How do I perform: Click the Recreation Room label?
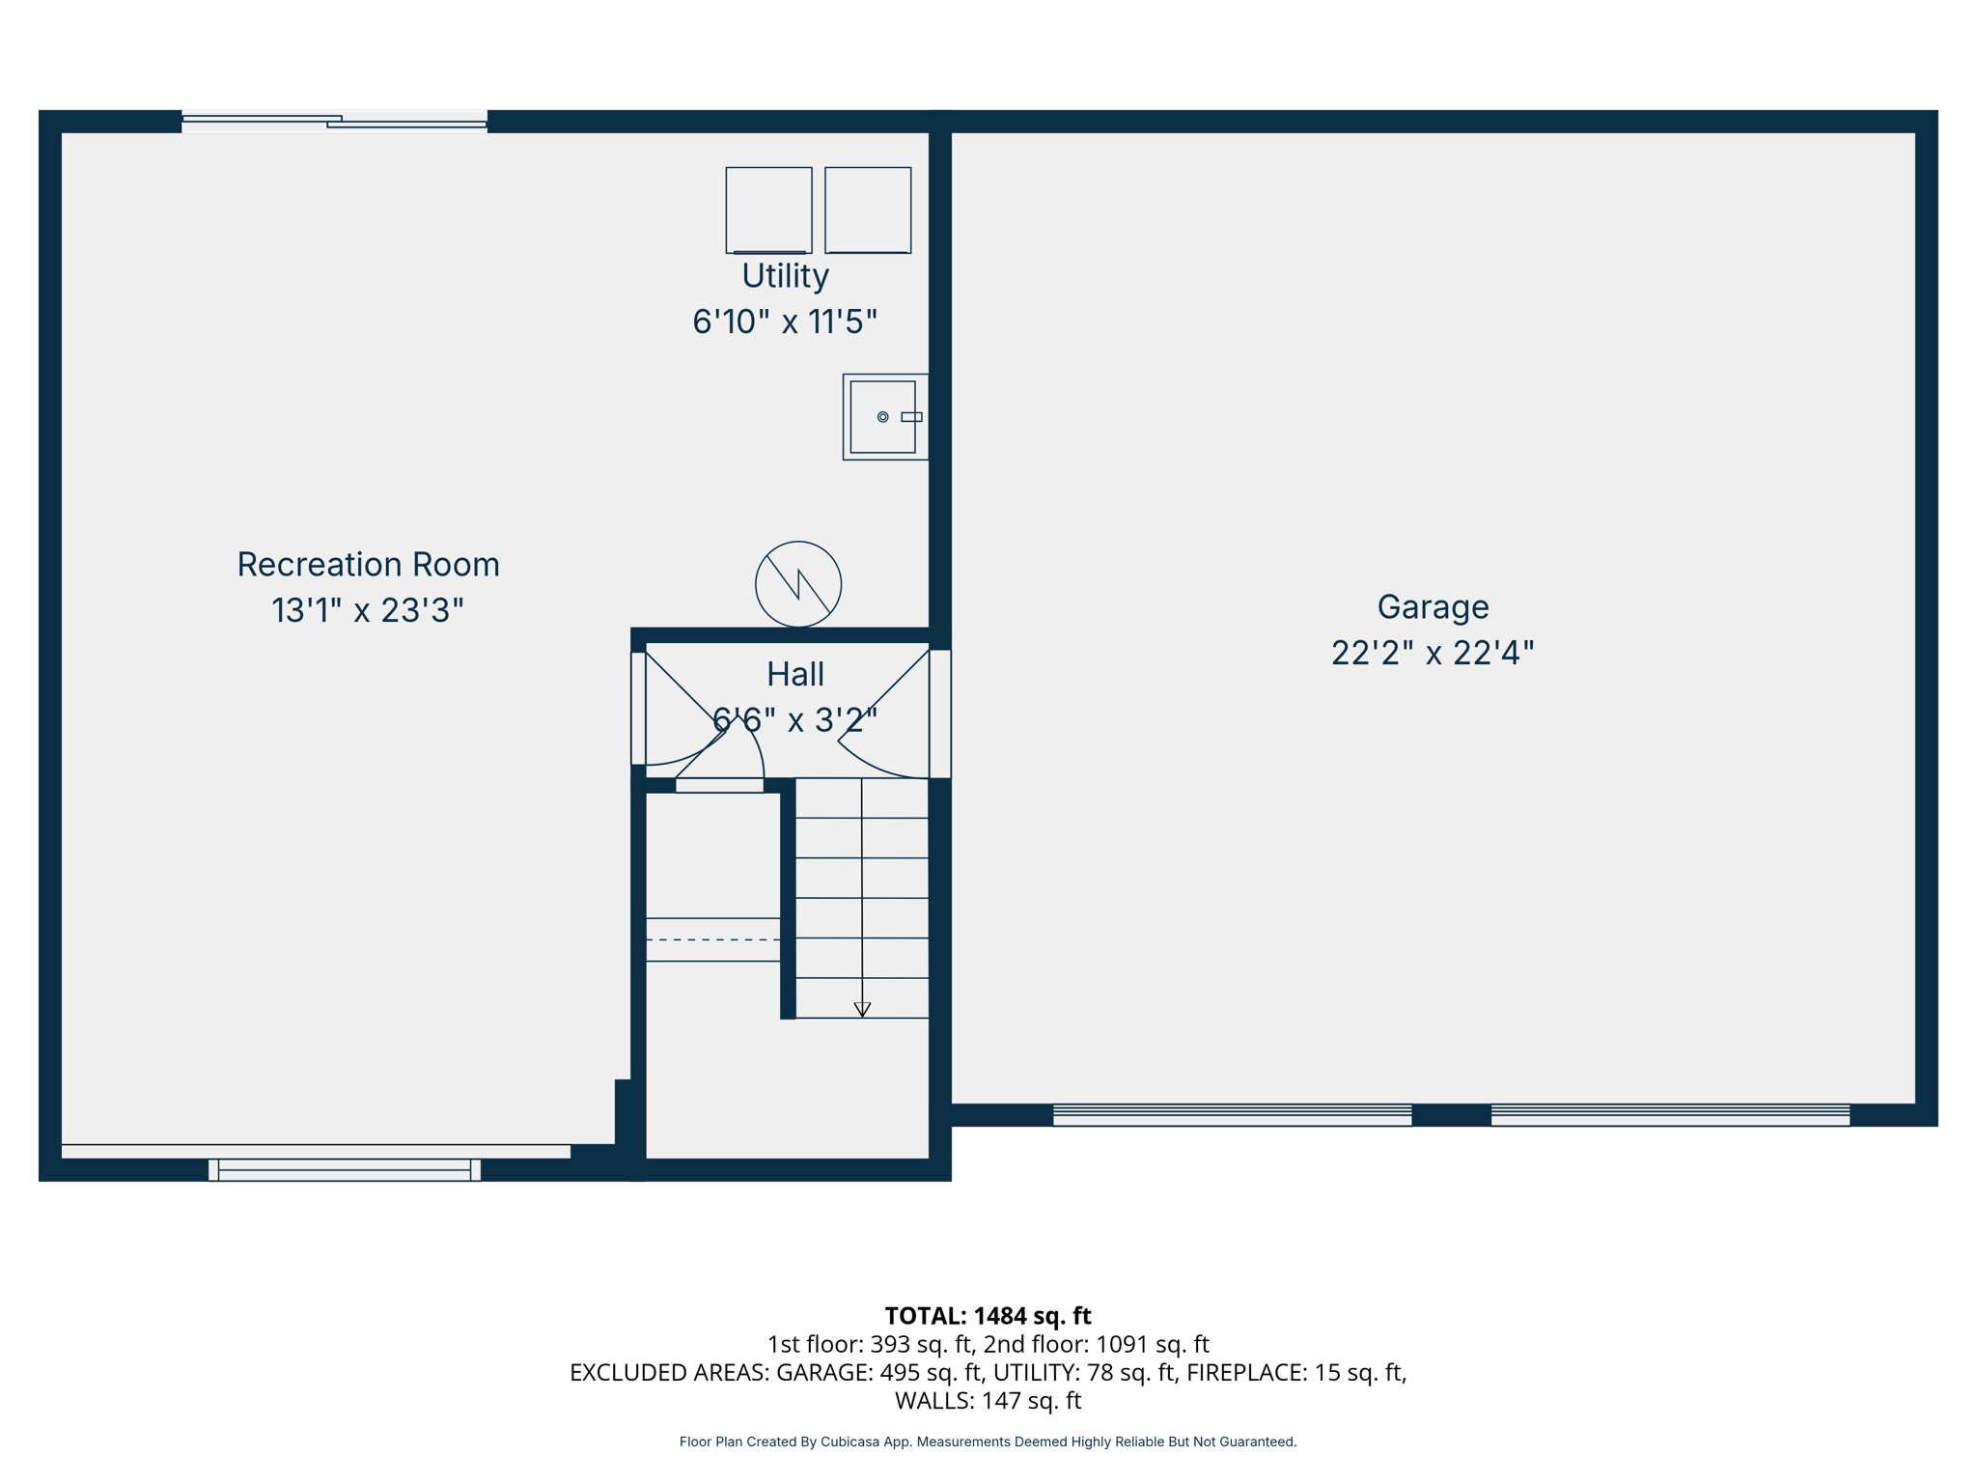tap(368, 565)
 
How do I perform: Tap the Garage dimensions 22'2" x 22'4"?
tap(1432, 654)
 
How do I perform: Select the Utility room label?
tap(785, 276)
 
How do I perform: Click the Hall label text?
tap(794, 674)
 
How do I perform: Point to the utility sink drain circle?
tap(882, 417)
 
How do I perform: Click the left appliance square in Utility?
tap(768, 210)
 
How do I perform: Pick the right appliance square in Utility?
tap(868, 210)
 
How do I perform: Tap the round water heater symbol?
tap(798, 584)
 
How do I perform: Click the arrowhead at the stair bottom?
tap(862, 1009)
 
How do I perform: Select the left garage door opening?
tap(1232, 1115)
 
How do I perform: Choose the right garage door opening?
tap(1670, 1115)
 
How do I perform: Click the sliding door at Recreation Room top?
tap(334, 121)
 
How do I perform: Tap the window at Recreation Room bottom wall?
tap(345, 1169)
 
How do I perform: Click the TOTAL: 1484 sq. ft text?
tap(988, 1316)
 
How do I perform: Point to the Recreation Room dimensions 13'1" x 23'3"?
tap(368, 611)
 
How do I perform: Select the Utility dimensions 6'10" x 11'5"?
tap(785, 322)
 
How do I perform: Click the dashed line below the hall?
tap(712, 939)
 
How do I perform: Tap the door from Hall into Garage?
tap(939, 714)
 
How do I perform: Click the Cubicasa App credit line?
tap(988, 1441)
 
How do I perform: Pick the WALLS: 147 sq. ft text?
tap(988, 1400)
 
